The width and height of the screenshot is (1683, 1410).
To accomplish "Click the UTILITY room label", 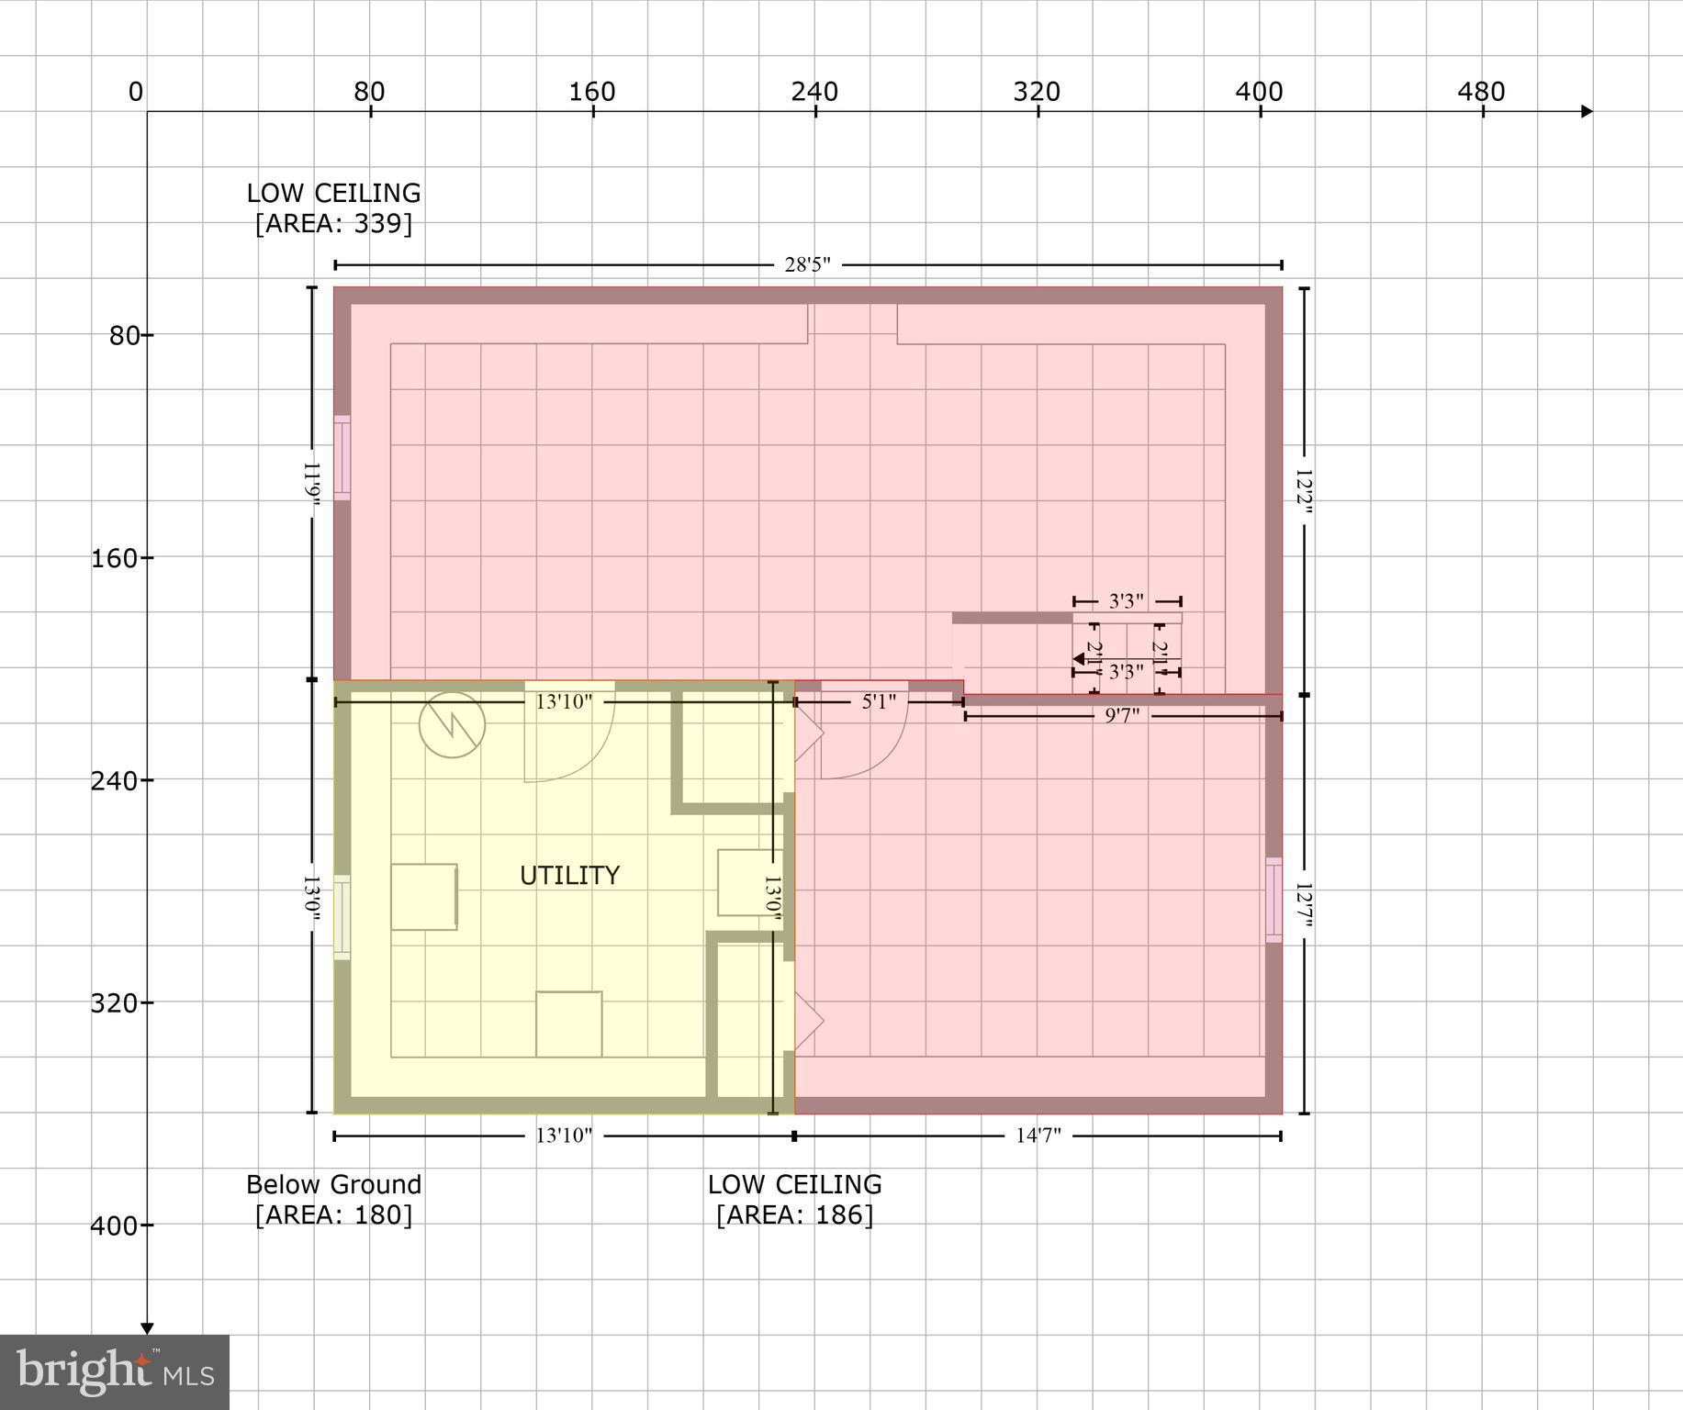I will [x=569, y=876].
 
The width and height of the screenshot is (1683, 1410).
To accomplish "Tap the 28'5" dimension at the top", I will [x=807, y=265].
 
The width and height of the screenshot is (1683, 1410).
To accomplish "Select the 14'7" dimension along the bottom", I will [x=1038, y=1136].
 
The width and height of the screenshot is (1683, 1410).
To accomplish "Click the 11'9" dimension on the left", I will [x=312, y=484].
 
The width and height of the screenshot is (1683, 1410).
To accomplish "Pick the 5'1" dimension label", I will [x=879, y=702].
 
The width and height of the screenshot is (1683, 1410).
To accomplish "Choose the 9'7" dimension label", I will [x=1121, y=716].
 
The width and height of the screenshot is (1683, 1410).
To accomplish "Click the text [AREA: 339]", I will [x=333, y=224].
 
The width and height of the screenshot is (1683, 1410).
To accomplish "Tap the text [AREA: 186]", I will [x=794, y=1215].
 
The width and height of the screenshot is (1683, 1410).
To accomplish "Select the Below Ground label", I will [x=333, y=1184].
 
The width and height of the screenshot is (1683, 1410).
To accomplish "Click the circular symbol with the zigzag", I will [x=452, y=725].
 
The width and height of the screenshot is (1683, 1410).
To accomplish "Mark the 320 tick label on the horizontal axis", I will [x=1037, y=92].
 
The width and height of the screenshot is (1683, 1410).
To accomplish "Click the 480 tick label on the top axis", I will [x=1481, y=92].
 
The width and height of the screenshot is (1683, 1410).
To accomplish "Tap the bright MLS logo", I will [x=115, y=1371].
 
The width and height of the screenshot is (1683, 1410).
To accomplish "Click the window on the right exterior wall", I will [x=1273, y=900].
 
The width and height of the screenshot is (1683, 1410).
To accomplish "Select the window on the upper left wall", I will [x=342, y=457].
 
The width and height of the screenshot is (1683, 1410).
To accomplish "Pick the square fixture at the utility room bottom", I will [x=569, y=1024].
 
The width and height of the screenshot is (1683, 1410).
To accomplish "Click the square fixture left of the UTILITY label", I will [x=424, y=897].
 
